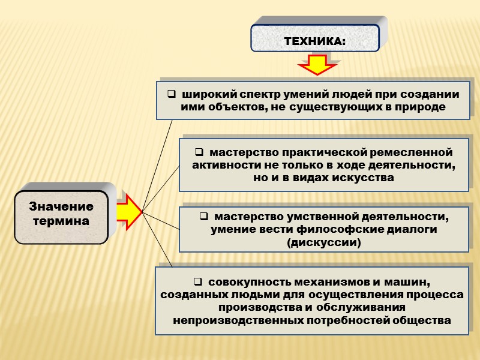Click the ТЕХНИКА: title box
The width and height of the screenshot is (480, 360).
(315, 41)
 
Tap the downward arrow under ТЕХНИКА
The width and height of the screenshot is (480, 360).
(317, 64)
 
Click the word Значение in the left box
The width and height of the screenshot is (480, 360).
(61, 207)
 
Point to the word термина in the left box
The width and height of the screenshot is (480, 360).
(61, 221)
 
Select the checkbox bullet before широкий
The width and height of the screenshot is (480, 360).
(170, 95)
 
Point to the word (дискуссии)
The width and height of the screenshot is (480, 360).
(324, 242)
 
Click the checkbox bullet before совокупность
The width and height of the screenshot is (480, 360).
(199, 282)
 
